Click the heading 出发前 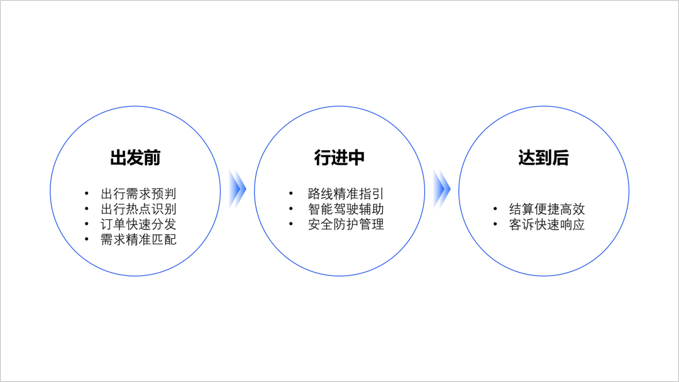tap(135, 158)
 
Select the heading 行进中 tap(339, 158)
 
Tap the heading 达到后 tap(544, 158)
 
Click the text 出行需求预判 tap(138, 194)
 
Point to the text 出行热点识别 tap(138, 209)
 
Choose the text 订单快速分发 tap(138, 224)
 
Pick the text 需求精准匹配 tap(138, 239)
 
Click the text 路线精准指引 tap(346, 194)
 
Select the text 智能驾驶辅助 tap(346, 209)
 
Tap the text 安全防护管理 tap(346, 224)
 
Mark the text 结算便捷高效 tap(547, 209)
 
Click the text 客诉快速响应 tap(547, 224)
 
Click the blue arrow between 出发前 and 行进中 tap(237, 188)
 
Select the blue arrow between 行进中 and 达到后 tap(442, 188)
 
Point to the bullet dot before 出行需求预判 tap(86, 194)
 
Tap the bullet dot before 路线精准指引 tap(290, 194)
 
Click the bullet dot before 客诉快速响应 tap(495, 224)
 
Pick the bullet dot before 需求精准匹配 tap(86, 239)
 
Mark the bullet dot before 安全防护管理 tap(290, 224)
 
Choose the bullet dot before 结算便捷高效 tap(495, 209)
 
